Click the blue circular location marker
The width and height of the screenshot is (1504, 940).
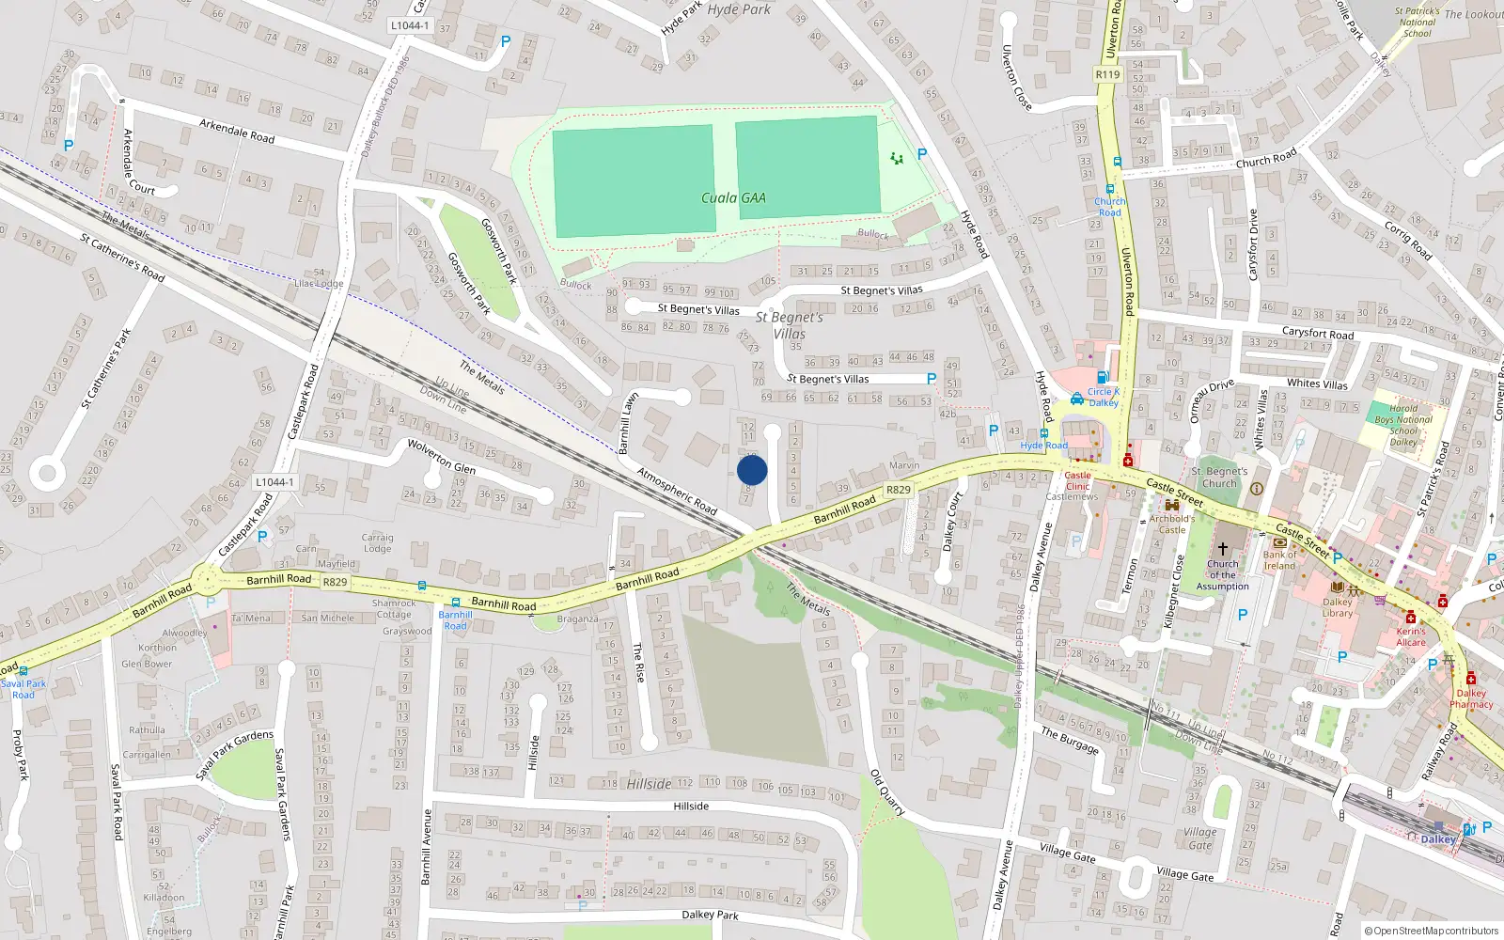[752, 470]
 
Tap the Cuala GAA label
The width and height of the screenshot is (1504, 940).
[733, 198]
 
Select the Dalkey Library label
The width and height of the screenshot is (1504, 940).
[1338, 607]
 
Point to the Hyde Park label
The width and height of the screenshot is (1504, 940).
[739, 9]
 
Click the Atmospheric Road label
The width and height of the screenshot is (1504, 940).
[677, 491]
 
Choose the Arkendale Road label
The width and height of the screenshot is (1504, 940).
[237, 130]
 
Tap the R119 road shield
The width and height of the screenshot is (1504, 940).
[1108, 74]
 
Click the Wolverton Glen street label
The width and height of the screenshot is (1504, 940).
[441, 457]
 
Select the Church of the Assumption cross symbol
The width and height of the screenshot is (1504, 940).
[1222, 548]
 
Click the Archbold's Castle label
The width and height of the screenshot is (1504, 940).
[1171, 524]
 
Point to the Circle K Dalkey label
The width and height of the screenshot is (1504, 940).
[1104, 397]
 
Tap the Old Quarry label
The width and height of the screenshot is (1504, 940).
[887, 792]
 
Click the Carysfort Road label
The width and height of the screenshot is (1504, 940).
[1318, 333]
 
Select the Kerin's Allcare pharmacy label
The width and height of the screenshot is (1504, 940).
[1410, 636]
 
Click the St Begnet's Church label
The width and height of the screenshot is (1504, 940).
[1219, 478]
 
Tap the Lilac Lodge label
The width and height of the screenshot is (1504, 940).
[319, 283]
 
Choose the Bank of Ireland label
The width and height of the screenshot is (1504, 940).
[1279, 560]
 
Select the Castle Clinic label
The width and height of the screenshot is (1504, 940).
[1077, 480]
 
